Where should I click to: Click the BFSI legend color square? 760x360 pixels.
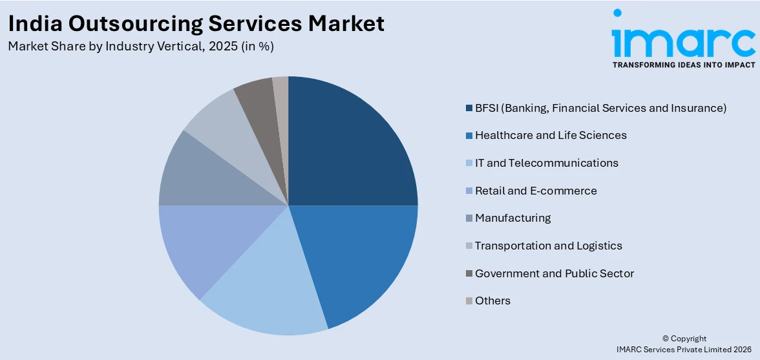(469, 108)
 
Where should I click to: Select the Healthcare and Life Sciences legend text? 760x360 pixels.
(551, 135)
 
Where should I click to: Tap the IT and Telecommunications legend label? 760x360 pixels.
(546, 163)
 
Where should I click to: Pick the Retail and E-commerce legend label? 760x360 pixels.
(536, 191)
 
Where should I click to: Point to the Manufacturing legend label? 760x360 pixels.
(512, 218)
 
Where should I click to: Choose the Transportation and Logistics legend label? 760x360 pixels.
(548, 246)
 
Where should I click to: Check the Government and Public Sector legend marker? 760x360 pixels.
(469, 273)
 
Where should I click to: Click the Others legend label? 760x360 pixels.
(492, 301)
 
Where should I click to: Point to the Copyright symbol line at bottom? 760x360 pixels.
(684, 338)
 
